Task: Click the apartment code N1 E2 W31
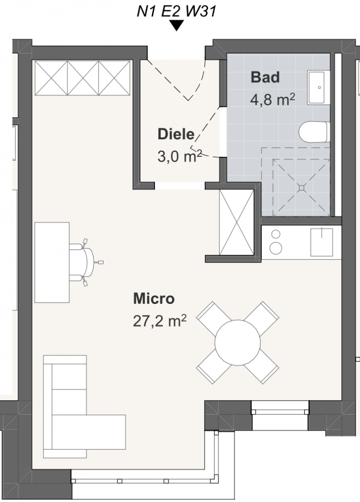[177, 11]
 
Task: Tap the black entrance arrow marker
[177, 25]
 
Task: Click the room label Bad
[265, 77]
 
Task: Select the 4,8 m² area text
[273, 99]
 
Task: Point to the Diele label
[176, 134]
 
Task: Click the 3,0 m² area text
[180, 156]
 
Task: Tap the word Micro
[154, 299]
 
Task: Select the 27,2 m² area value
[160, 321]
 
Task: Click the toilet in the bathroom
[314, 131]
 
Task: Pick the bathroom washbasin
[319, 87]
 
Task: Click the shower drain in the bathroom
[301, 188]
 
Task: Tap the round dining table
[238, 343]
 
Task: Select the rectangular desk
[52, 262]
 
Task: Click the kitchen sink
[322, 242]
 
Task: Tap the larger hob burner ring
[276, 248]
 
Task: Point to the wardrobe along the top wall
[82, 78]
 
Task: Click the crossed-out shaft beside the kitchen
[236, 222]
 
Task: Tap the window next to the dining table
[280, 408]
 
